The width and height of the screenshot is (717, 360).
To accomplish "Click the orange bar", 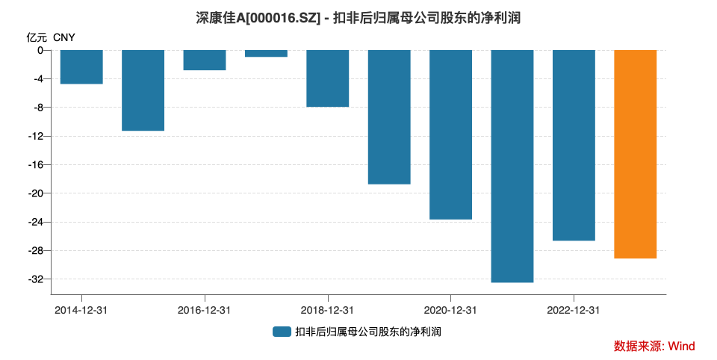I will [x=635, y=154].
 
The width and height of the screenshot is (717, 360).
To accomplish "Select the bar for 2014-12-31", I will [x=81, y=66].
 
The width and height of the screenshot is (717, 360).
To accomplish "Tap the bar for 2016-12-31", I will [x=205, y=60].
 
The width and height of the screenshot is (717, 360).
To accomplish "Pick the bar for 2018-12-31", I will [x=327, y=78].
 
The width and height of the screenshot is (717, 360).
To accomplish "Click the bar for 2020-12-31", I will [x=450, y=134].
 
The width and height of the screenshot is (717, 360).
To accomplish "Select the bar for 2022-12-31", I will [x=574, y=145].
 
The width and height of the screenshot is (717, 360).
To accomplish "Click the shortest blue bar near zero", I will [x=266, y=53].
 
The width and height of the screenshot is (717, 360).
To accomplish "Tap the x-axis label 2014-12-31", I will [x=81, y=310].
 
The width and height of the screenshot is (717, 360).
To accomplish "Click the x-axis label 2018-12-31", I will [x=327, y=310].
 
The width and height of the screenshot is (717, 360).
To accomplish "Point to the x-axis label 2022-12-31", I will [x=574, y=310].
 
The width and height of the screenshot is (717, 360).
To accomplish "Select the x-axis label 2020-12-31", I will [x=450, y=310].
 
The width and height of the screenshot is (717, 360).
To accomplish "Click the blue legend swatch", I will [x=281, y=332].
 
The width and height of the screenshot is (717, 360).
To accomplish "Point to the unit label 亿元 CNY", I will [x=51, y=37].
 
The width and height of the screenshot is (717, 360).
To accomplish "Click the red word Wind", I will [x=680, y=346].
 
